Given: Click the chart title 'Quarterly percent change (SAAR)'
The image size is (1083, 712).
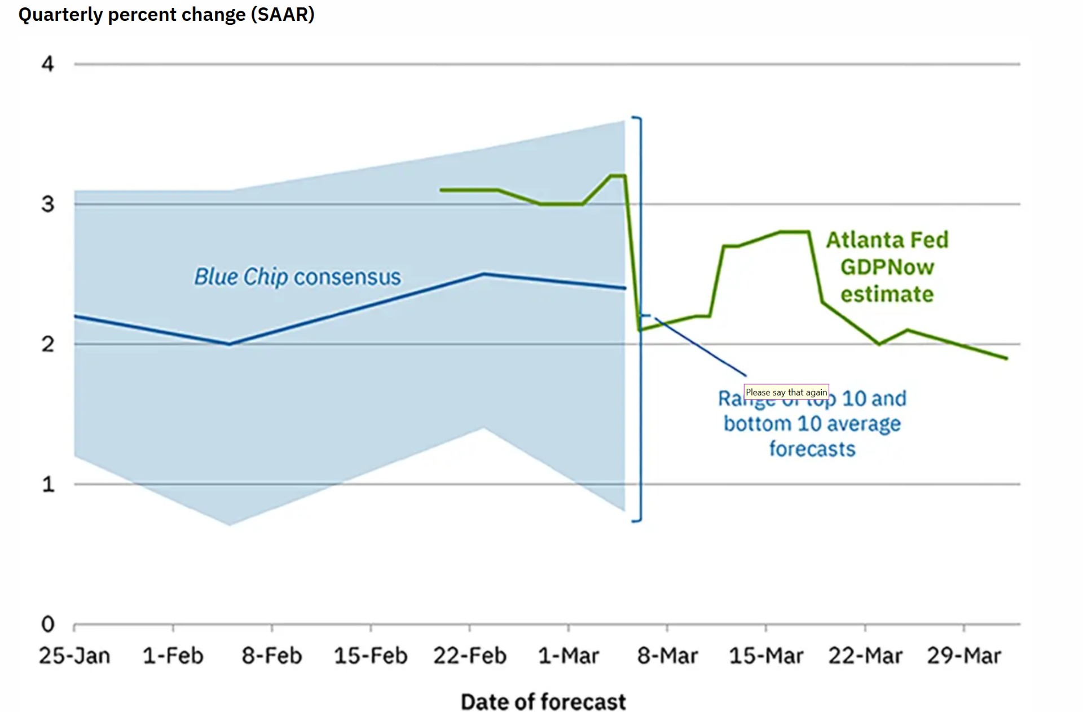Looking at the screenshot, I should pyautogui.click(x=166, y=14).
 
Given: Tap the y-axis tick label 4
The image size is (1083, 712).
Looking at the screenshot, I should pyautogui.click(x=48, y=64).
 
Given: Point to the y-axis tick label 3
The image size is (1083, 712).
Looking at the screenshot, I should pyautogui.click(x=48, y=204).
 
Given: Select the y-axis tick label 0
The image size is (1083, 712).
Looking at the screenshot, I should pyautogui.click(x=48, y=624).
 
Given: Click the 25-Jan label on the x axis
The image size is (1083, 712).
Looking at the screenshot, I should pyautogui.click(x=74, y=656).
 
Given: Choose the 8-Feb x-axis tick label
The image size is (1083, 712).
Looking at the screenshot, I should pyautogui.click(x=272, y=656).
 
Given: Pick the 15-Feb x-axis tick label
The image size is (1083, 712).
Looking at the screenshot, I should pyautogui.click(x=371, y=656).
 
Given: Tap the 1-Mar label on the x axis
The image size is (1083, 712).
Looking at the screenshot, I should pyautogui.click(x=569, y=656).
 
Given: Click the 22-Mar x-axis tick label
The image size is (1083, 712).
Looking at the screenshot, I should pyautogui.click(x=865, y=656).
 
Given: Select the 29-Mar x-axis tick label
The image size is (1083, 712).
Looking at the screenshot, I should pyautogui.click(x=964, y=656).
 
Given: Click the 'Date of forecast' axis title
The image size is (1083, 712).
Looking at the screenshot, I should pyautogui.click(x=543, y=702).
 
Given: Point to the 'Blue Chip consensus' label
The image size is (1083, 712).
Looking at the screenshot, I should pyautogui.click(x=297, y=277).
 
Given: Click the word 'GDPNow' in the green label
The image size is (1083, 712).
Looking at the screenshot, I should pyautogui.click(x=887, y=267).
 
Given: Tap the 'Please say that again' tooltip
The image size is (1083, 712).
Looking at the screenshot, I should pyautogui.click(x=786, y=392).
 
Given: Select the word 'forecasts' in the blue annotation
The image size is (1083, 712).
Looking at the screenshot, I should pyautogui.click(x=812, y=449).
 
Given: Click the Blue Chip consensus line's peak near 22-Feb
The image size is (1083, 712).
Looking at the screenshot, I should pyautogui.click(x=483, y=274).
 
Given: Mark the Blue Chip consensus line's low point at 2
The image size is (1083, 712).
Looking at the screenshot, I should pyautogui.click(x=229, y=344).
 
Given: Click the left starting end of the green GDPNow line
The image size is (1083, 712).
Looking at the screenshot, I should pyautogui.click(x=441, y=190).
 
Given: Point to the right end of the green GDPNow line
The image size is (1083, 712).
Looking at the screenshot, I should pyautogui.click(x=1006, y=358).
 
